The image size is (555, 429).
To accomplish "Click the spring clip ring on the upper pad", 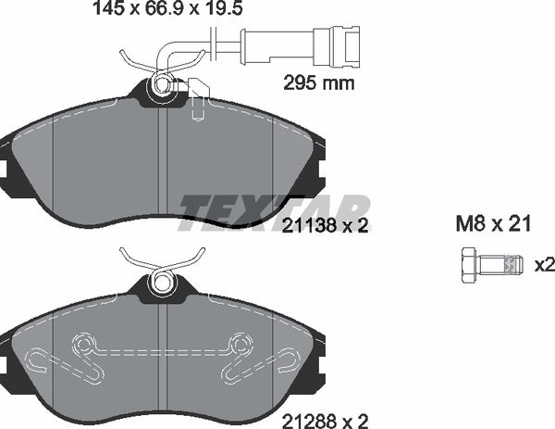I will (164, 87).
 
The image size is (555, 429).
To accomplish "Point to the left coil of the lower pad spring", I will (85, 347).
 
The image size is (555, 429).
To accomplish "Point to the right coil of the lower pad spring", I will (241, 347).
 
